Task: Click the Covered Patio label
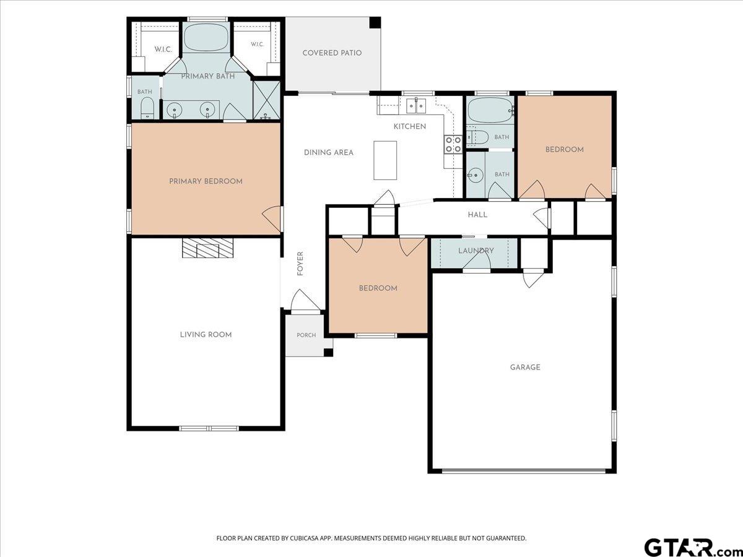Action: (x=332, y=53)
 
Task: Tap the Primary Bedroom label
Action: (x=206, y=181)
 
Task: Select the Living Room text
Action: (x=206, y=335)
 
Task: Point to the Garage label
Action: (x=525, y=367)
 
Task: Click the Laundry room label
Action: (x=476, y=251)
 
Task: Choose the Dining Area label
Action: (x=328, y=152)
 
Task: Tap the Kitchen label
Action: (x=410, y=126)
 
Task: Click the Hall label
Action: (x=477, y=215)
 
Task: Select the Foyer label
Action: (x=300, y=264)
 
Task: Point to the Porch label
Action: (x=306, y=335)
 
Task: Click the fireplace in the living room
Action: (x=208, y=248)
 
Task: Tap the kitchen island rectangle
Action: (x=385, y=160)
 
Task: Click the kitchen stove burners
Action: (x=453, y=144)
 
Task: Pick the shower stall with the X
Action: (x=267, y=100)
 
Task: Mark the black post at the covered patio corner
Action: (x=375, y=22)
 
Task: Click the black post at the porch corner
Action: (x=328, y=352)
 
